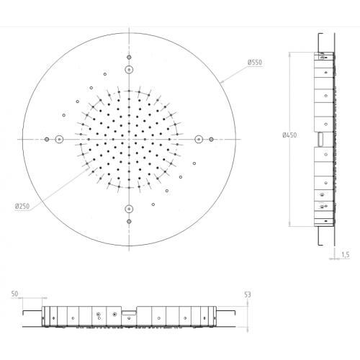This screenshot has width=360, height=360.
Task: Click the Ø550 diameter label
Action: (x=255, y=63)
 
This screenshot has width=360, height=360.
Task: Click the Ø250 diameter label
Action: (x=22, y=206)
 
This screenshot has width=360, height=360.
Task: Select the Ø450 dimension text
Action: (x=289, y=135)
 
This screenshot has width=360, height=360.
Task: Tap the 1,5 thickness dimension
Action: (x=345, y=255)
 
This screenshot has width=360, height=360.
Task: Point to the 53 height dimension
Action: (x=248, y=294)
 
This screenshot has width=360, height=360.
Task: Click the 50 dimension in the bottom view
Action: (x=14, y=294)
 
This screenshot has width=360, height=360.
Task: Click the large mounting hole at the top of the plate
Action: (x=129, y=70)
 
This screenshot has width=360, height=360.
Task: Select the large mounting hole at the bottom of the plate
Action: (x=129, y=209)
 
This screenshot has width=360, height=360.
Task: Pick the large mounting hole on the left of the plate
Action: (x=59, y=139)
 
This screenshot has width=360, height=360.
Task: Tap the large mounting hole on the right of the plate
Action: (x=199, y=139)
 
